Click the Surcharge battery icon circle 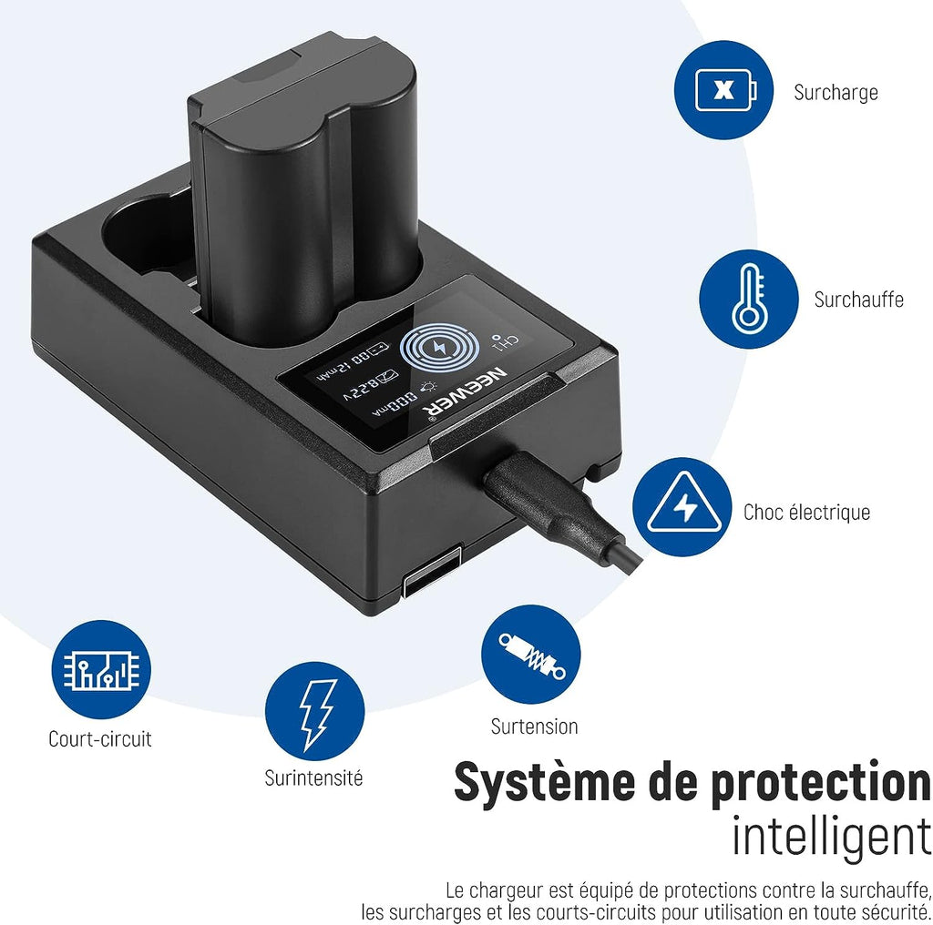coord(723,90)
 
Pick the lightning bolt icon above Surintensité coord(314,711)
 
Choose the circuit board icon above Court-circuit coord(101,669)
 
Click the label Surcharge coord(836,93)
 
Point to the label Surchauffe coord(858,299)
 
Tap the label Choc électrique coord(807,512)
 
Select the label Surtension coord(534,726)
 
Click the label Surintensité coord(313,778)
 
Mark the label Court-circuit coord(100,739)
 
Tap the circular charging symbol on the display coord(439,349)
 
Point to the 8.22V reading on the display coord(370,385)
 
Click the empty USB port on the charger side coord(432,571)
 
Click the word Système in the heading coord(545,782)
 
